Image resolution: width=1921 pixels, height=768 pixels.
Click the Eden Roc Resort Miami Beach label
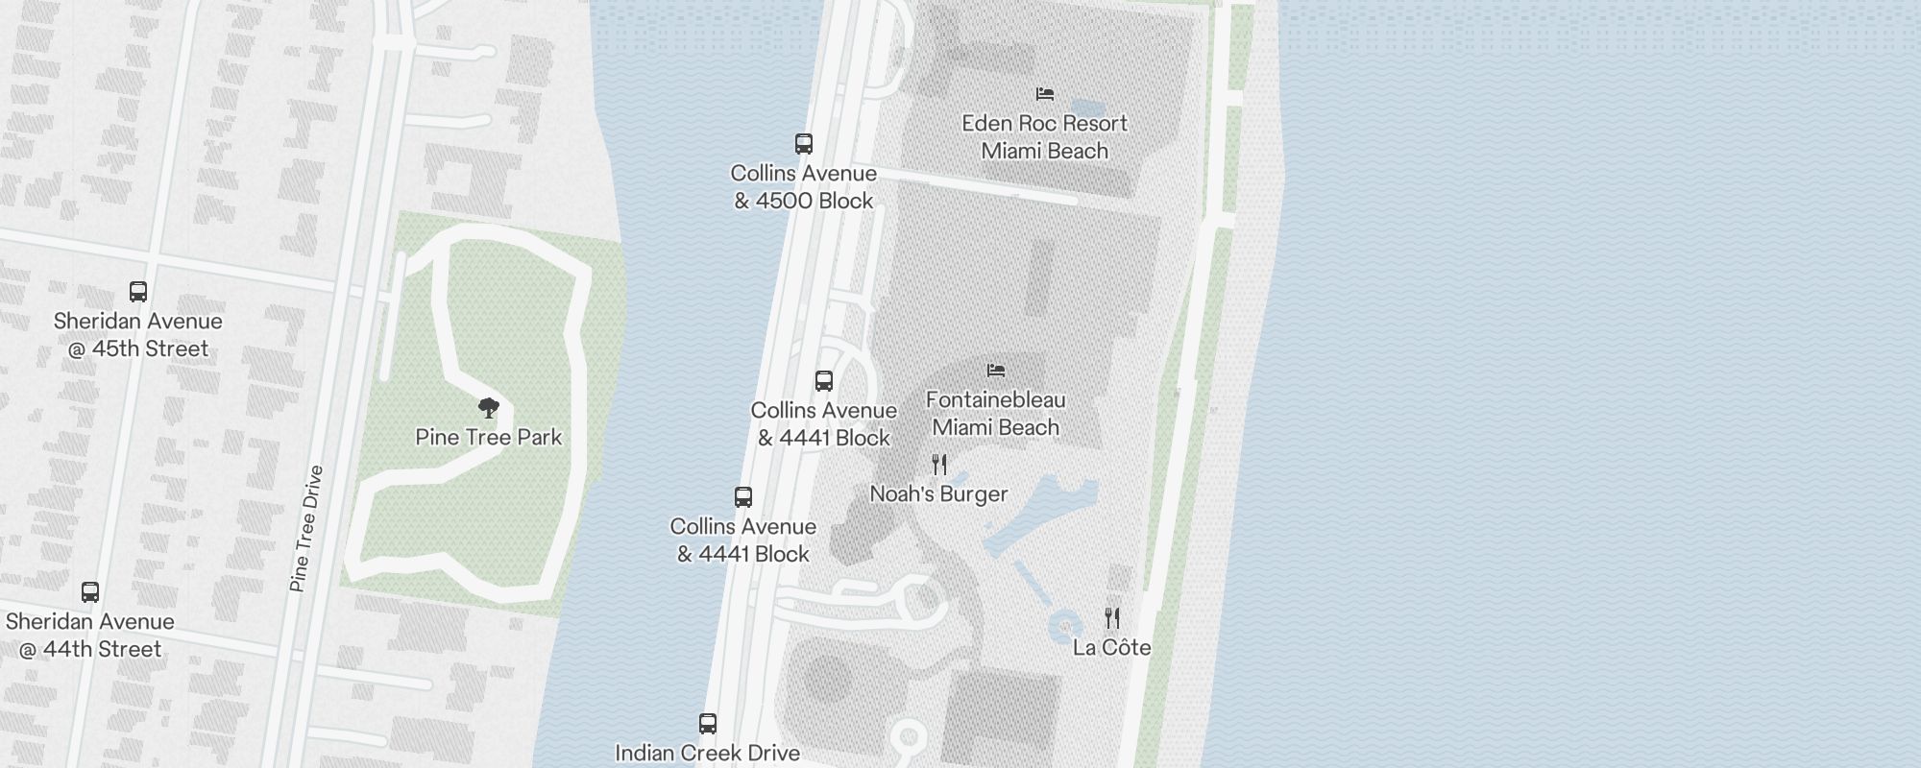pos(1044,137)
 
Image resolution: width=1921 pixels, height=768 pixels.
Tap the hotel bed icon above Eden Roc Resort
pos(1045,94)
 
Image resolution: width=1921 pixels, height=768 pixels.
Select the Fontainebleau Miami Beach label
pos(995,414)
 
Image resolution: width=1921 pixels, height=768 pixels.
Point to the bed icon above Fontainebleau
pos(996,370)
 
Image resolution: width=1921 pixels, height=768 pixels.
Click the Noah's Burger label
pos(938,494)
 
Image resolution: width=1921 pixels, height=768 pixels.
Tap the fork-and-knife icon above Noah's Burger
pos(939,466)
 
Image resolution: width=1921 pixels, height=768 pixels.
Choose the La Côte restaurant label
pos(1111,648)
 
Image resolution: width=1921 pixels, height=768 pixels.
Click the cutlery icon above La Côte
pos(1112,617)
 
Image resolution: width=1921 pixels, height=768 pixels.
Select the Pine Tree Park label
pos(488,438)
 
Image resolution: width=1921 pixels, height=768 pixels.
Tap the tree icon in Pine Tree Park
pos(489,408)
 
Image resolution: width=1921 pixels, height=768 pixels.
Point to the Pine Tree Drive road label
pos(306,528)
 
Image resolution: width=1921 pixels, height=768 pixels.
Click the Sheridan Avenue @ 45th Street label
pos(137,335)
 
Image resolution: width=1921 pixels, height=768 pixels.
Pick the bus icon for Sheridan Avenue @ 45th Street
pos(138,292)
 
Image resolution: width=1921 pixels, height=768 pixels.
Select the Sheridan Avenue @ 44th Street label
pos(90,636)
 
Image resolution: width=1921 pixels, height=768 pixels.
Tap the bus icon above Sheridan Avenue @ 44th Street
pos(90,592)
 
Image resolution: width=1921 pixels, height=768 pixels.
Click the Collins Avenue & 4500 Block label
pos(804,187)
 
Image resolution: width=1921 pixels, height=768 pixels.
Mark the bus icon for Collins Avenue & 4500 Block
pos(804,144)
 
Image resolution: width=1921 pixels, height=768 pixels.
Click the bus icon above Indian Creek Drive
pos(708,723)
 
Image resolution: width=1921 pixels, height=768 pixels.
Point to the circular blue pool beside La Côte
pos(1064,627)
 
